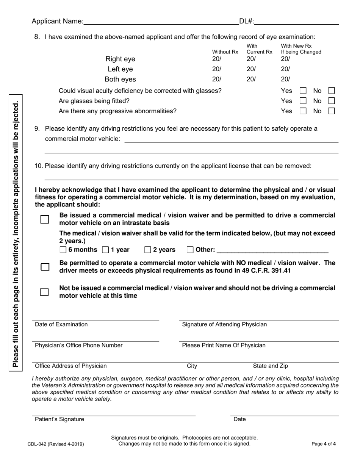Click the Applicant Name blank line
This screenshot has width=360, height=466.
[161, 22]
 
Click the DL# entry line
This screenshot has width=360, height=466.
[296, 22]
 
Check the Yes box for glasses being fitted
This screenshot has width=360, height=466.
[303, 101]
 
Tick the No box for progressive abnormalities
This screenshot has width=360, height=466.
[331, 111]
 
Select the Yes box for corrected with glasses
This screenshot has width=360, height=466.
[303, 91]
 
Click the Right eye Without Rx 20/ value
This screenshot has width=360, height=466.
[216, 59]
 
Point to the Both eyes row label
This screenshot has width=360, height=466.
[120, 79]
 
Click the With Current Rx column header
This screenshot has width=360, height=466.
[259, 49]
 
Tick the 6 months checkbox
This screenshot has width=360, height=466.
[63, 250]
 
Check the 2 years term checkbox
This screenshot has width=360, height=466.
[148, 250]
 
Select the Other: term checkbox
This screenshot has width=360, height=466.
[191, 250]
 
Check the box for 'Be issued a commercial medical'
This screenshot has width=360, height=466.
[45, 219]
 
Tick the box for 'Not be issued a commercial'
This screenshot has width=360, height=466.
[45, 292]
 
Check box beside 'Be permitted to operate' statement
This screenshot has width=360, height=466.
[45, 267]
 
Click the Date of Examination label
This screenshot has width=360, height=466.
[61, 324]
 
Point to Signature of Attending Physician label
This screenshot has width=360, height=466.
[224, 324]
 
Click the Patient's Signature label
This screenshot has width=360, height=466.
[60, 419]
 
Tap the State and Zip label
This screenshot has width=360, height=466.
[271, 366]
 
